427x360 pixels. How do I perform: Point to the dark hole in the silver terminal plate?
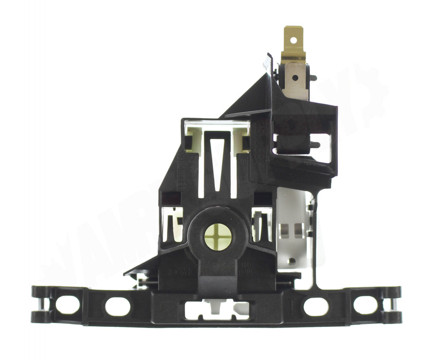tap(295, 77)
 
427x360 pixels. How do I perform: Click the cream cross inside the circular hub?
tap(218, 237)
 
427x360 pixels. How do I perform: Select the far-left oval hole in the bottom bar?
tap(67, 304)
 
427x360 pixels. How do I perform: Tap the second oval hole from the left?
tap(118, 306)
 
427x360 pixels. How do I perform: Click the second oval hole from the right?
tap(316, 306)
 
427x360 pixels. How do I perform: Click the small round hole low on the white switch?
tap(291, 261)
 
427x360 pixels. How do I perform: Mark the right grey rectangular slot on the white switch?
tap(298, 230)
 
